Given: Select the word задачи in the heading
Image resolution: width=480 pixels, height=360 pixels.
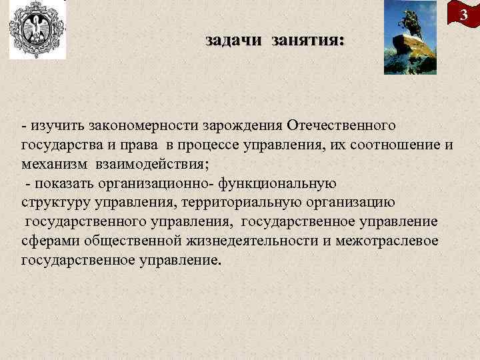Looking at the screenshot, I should point(233,41).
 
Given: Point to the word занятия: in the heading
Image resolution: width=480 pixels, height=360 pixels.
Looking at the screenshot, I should point(307,41).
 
